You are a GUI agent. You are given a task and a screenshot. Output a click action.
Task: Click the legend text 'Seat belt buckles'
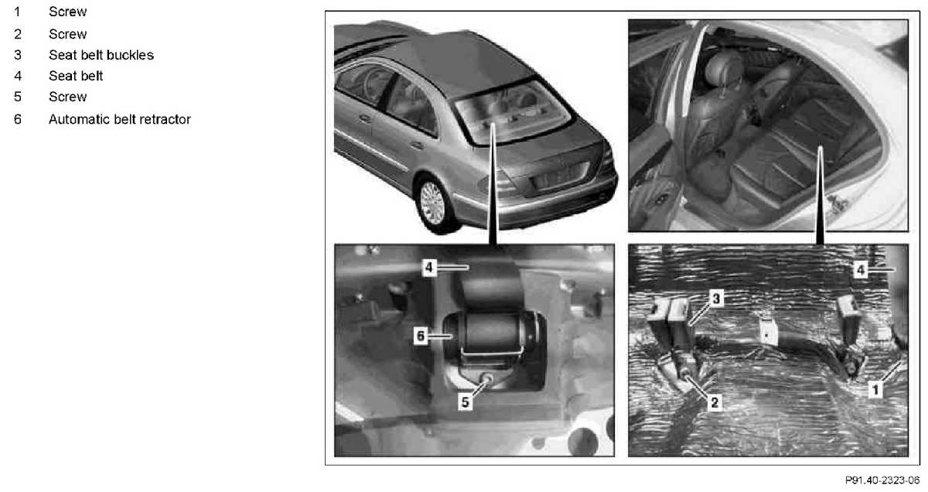coord(101,55)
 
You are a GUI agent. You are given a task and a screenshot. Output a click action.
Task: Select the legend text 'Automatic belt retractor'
coord(120,119)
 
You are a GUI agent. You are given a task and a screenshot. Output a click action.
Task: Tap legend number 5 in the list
coord(17,97)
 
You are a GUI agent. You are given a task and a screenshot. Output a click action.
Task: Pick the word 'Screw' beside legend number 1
coord(67,12)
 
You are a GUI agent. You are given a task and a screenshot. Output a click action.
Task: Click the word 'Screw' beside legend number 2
coord(67,34)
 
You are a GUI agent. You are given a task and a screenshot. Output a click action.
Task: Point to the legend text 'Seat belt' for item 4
coord(76,76)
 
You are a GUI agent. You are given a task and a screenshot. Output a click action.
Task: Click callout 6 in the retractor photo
coord(421,335)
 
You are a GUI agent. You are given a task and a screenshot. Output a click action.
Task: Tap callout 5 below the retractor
coord(466,401)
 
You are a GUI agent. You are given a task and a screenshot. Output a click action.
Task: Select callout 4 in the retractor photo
coord(429,268)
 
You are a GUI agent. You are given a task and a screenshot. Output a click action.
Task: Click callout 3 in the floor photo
coord(716,298)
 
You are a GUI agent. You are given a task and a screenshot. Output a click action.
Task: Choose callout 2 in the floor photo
coord(715,402)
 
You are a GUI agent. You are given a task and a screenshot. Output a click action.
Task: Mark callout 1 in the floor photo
coord(875,390)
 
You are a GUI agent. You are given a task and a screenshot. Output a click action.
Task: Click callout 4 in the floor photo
coord(861,270)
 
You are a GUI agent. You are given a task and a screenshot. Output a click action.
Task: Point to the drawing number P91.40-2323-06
coord(882,480)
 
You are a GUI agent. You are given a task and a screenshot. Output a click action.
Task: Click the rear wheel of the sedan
coord(433,203)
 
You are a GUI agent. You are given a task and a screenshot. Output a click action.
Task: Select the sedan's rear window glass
coord(513,112)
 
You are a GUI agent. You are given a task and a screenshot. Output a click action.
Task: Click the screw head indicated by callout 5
coord(488,378)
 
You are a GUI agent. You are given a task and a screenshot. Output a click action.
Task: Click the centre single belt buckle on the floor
coord(768,333)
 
